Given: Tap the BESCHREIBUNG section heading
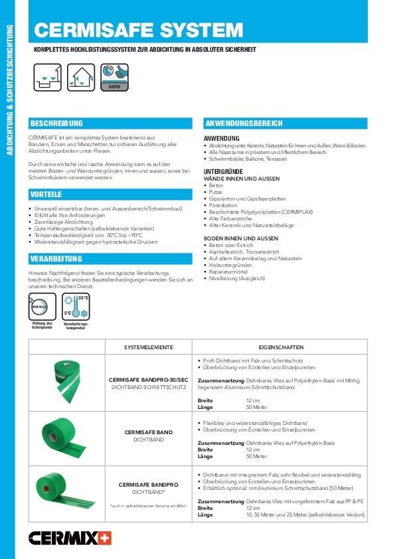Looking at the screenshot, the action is tap(56, 123).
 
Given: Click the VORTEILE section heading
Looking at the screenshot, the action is tap(46, 194).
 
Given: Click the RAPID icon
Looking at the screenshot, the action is tap(114, 77).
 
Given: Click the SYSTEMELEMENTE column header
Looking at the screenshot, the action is tap(149, 347).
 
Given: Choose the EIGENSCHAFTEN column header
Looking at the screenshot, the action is tap(281, 347).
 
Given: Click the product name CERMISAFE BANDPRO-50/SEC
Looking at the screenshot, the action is tap(149, 380).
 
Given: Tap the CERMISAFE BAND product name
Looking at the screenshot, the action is tap(149, 432).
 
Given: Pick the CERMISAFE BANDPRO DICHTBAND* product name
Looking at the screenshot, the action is tap(149, 485).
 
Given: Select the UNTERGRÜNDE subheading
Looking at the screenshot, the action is tap(222, 172).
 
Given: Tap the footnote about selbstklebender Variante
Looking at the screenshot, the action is tap(149, 507).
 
